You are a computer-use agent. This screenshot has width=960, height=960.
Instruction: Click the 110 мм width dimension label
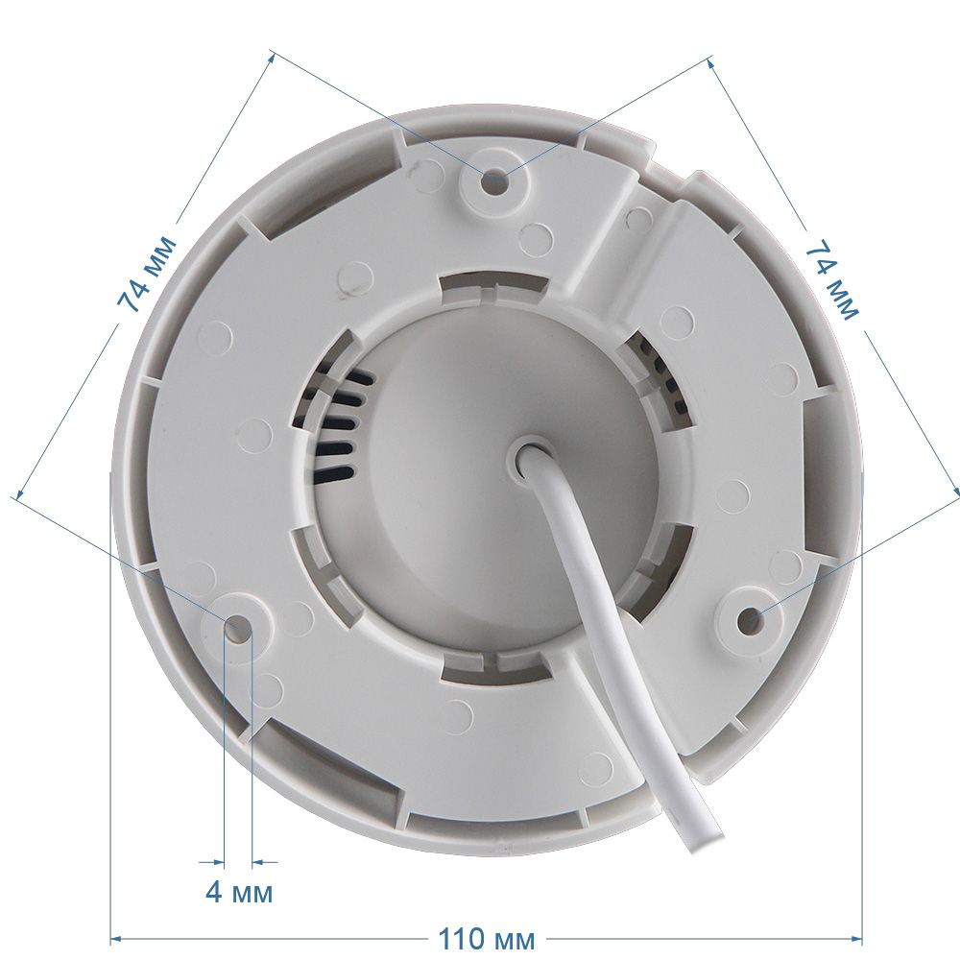(x=486, y=938)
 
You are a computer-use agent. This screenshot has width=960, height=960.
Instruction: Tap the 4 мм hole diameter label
(x=239, y=892)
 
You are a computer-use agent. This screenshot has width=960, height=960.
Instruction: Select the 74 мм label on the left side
(x=146, y=274)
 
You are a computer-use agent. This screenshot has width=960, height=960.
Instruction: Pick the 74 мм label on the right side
(x=831, y=280)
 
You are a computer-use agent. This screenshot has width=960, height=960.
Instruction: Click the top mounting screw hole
(x=493, y=180)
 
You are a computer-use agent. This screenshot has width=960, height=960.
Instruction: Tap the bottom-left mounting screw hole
(x=238, y=627)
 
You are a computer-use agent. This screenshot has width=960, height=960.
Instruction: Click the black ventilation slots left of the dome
(x=341, y=422)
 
